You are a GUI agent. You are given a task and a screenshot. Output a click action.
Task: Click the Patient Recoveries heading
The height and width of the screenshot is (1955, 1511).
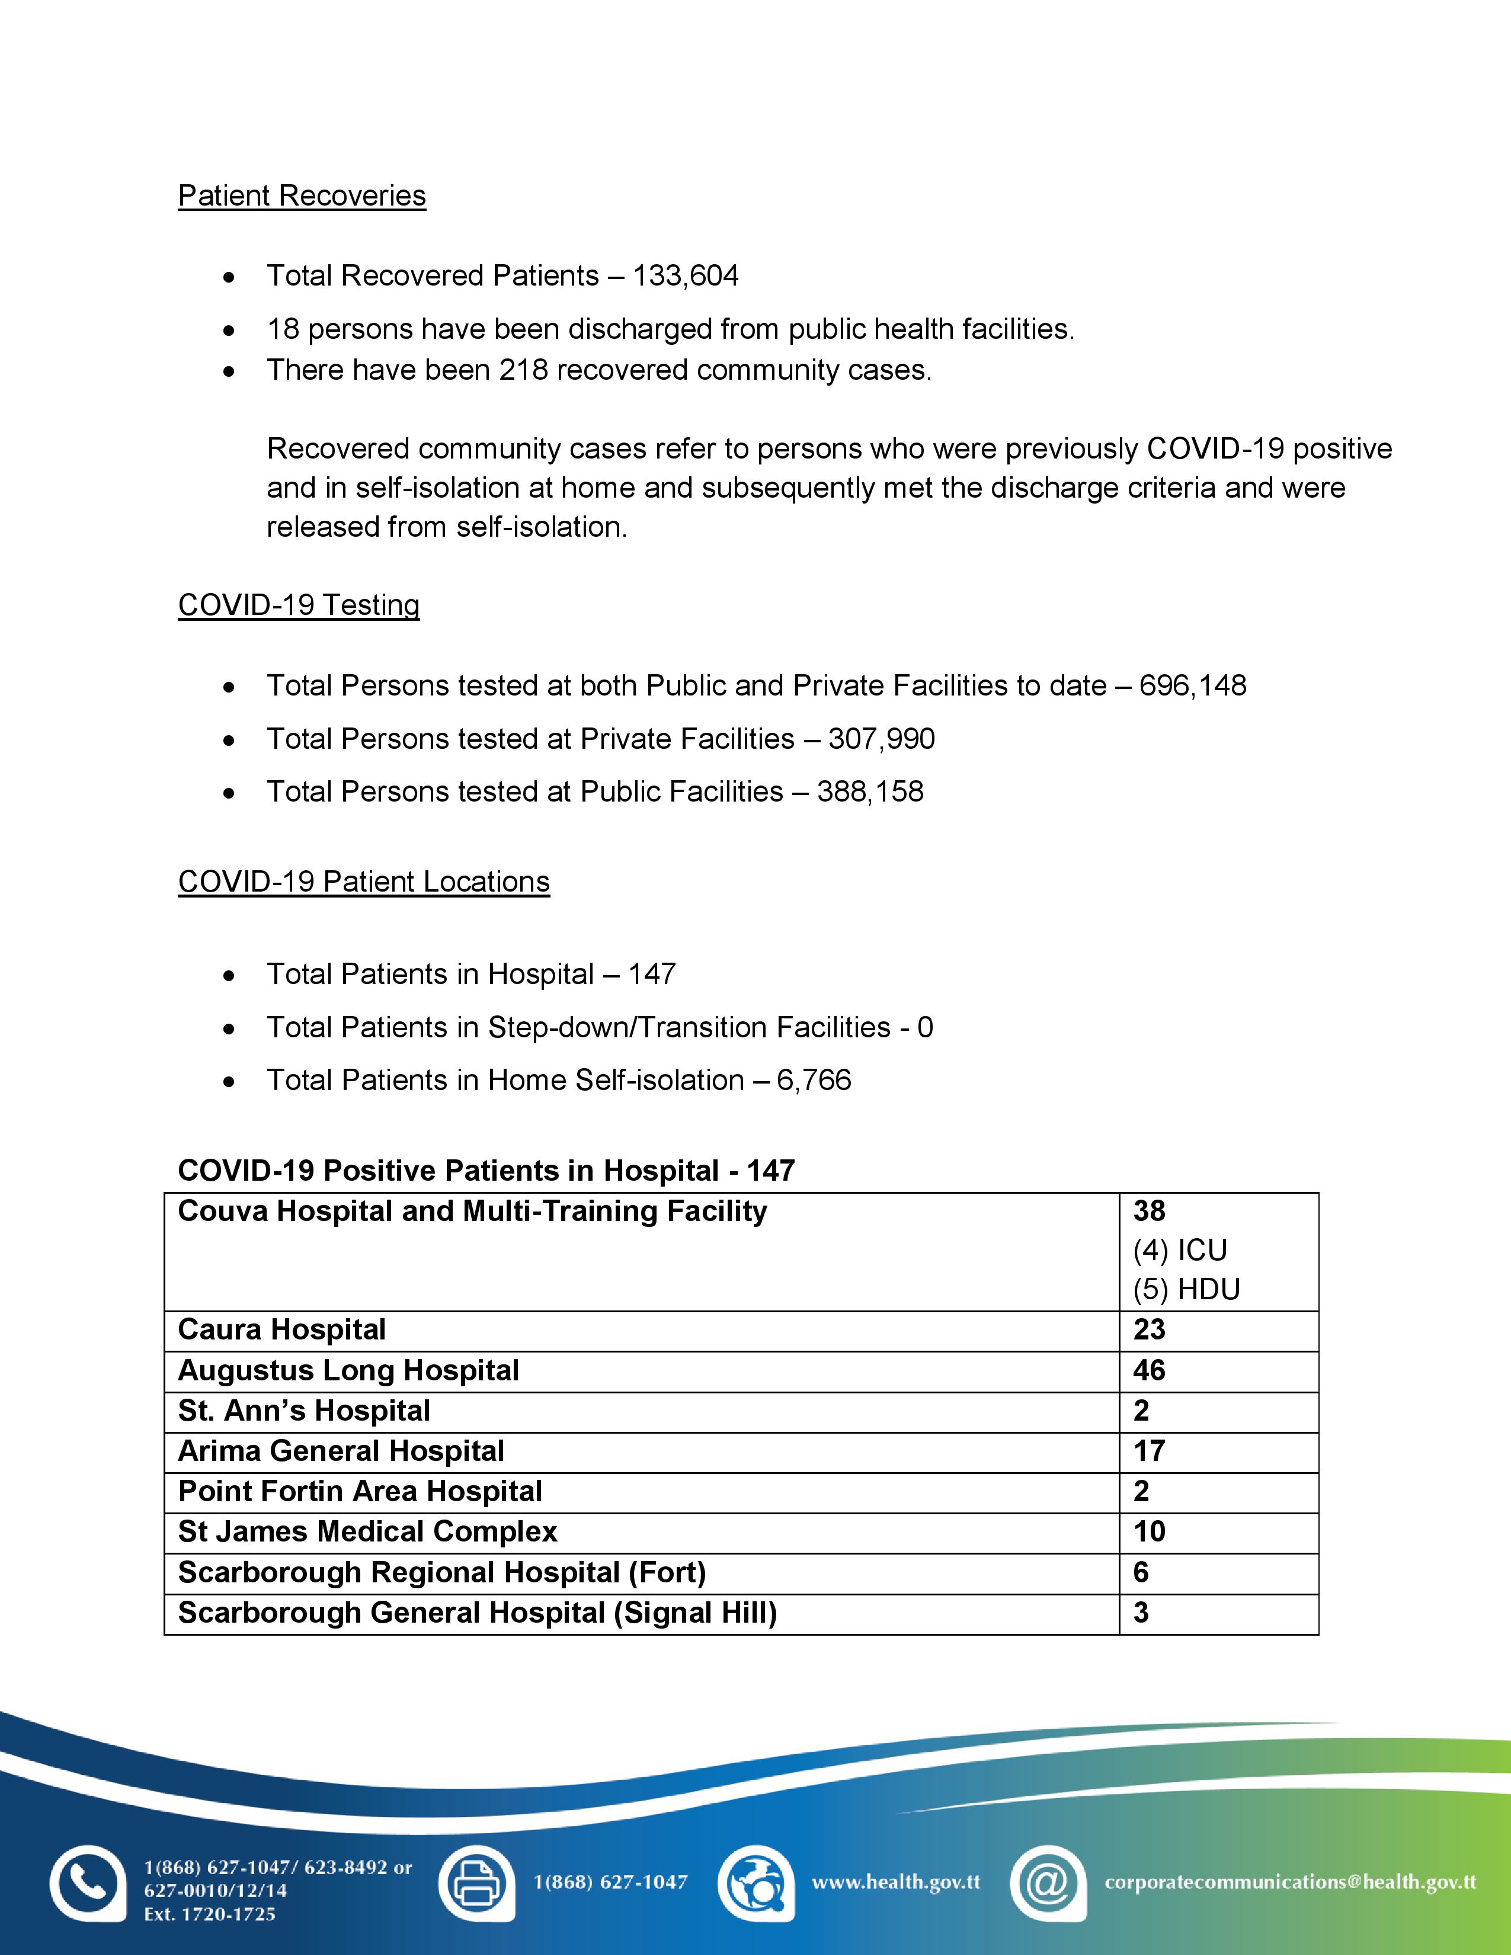[x=302, y=196]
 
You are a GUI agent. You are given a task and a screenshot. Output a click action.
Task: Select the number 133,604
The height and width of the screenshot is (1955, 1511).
[x=686, y=275]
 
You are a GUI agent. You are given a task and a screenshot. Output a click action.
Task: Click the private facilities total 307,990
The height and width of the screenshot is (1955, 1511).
[x=882, y=739]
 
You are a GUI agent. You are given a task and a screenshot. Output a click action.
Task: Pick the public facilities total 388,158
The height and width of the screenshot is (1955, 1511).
[x=870, y=791]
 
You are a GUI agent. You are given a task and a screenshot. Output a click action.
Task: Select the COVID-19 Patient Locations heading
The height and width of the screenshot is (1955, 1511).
[x=363, y=882]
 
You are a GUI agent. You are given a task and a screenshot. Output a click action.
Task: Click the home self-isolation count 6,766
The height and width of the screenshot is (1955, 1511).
[x=814, y=1081]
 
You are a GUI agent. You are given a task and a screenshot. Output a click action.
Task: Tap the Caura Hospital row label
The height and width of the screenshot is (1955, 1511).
[x=282, y=1330]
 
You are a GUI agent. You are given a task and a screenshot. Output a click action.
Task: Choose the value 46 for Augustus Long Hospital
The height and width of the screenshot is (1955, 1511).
[x=1150, y=1370]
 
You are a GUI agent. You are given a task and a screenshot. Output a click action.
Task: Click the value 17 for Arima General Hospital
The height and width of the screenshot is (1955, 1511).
[x=1150, y=1451]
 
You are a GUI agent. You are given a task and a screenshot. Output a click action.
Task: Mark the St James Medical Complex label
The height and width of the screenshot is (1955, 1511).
[x=367, y=1531]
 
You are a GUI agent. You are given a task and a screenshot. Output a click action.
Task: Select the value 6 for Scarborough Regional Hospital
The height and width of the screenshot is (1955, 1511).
[x=1141, y=1573]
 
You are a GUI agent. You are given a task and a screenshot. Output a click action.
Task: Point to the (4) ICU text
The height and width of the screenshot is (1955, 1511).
[x=1180, y=1251]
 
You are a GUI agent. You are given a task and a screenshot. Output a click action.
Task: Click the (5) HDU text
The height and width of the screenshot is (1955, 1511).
[x=1186, y=1290]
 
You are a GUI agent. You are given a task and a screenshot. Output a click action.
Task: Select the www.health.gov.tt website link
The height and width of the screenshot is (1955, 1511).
[x=895, y=1883]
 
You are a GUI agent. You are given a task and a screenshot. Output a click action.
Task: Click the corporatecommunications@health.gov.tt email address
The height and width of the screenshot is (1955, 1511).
[x=1290, y=1883]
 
